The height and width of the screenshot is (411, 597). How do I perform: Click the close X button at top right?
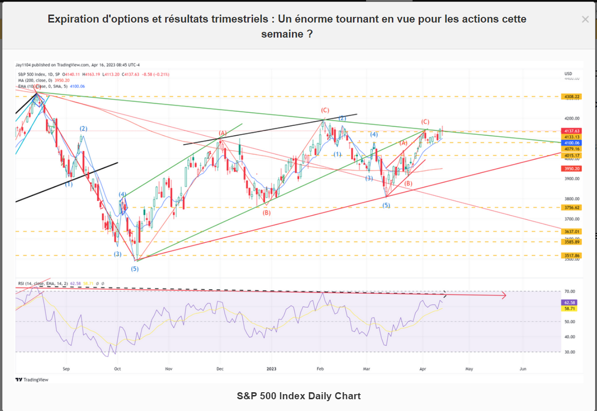(x=585, y=19)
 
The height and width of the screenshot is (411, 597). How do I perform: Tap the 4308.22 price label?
(x=572, y=97)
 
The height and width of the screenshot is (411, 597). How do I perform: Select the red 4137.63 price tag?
(x=572, y=131)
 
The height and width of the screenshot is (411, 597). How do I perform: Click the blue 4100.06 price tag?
(x=572, y=143)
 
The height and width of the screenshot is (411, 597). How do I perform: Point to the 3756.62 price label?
(x=572, y=207)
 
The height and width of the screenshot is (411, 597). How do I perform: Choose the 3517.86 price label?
(x=572, y=256)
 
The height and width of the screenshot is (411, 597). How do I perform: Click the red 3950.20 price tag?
(x=572, y=168)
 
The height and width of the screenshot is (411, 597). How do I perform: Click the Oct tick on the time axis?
(x=117, y=369)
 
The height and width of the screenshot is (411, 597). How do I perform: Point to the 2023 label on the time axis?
(x=271, y=369)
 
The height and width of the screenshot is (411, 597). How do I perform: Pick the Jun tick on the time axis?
(x=523, y=369)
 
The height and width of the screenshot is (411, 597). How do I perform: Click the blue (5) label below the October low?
(x=135, y=269)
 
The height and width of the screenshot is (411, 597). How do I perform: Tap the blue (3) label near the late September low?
(x=117, y=254)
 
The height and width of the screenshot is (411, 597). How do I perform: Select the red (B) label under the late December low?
(x=267, y=213)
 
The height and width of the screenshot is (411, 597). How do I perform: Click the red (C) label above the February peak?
(x=325, y=110)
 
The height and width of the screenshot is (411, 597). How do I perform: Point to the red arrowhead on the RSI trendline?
(x=504, y=295)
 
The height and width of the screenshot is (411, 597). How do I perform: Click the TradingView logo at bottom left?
(x=32, y=380)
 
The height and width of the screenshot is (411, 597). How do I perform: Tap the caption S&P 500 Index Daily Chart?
(x=298, y=396)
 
